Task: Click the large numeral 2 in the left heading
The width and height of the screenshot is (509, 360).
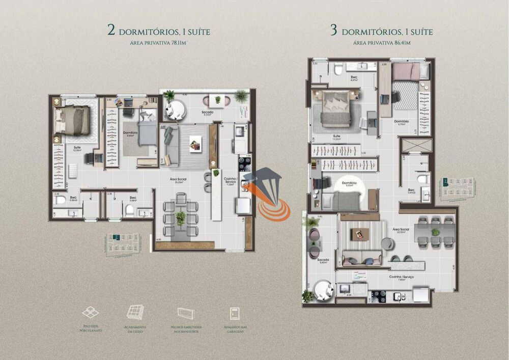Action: click(x=111, y=31)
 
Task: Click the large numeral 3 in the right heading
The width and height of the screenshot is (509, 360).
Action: click(x=334, y=31)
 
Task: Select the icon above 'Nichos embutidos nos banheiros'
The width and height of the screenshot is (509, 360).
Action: click(x=185, y=313)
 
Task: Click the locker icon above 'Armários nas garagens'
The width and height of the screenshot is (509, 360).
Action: click(x=235, y=312)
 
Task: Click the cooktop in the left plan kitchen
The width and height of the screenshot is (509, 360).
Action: click(x=244, y=163)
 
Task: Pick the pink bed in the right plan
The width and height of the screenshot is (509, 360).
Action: click(x=410, y=71)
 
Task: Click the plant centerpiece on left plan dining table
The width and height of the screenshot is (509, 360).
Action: click(x=180, y=218)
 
